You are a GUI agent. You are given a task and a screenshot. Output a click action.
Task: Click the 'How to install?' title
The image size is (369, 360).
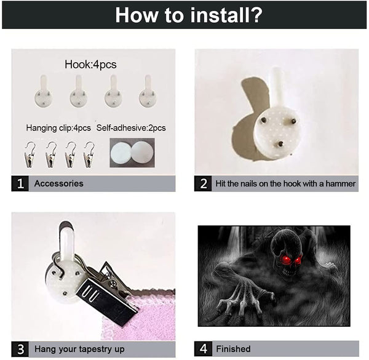click(189, 15)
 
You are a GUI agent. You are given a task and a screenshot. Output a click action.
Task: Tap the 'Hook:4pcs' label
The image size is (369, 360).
click(90, 65)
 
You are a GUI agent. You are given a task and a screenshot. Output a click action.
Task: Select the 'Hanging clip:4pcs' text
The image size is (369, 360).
click(58, 128)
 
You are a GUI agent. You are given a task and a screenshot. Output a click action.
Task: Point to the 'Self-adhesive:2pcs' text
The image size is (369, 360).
click(131, 128)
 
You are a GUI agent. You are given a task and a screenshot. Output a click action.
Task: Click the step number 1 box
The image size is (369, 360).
click(20, 183)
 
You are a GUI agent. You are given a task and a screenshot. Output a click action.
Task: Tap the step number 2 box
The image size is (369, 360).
click(203, 183)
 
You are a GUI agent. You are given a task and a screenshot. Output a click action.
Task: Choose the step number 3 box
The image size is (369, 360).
click(20, 349)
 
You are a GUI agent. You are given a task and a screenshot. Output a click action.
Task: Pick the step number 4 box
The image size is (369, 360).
click(203, 349)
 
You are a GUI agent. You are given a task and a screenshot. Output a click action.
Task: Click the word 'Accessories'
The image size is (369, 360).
click(59, 183)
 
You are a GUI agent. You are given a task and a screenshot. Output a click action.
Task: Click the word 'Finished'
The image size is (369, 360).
click(234, 349)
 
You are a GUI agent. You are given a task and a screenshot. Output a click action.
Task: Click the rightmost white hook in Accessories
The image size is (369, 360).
click(148, 91)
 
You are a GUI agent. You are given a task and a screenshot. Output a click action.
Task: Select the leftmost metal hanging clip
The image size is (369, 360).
click(30, 155)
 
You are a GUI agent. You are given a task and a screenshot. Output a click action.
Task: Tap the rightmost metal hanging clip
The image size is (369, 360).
click(89, 155)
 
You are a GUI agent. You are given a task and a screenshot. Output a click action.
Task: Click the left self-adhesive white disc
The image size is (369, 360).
click(121, 153)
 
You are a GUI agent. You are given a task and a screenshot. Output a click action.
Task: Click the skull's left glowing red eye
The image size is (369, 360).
click(287, 259)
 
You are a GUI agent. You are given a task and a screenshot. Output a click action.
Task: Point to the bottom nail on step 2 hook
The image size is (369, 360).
click(280, 143)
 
